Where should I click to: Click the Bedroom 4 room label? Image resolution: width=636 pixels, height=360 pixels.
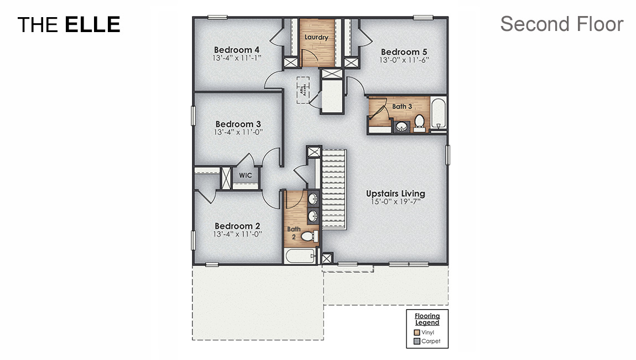237,50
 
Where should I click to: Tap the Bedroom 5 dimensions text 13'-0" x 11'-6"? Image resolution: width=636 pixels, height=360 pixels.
404,60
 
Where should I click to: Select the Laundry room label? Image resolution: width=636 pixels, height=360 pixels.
316,38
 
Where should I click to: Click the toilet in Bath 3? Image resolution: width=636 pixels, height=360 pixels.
419,122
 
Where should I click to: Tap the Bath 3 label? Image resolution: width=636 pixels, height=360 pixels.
402,106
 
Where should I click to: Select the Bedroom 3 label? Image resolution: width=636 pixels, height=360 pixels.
238,124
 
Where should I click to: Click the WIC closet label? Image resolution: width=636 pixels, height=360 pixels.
245,175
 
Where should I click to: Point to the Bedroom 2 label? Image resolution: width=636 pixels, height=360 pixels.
237,226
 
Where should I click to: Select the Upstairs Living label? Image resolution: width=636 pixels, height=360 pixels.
395,194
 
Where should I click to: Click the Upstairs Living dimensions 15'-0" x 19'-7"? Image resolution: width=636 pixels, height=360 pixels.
395,202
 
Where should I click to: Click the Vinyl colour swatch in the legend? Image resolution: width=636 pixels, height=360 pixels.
416,333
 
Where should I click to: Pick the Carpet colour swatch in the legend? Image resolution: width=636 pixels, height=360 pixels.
416,341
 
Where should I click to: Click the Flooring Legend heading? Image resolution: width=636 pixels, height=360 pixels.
428,319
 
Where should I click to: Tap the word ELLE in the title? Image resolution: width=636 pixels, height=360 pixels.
92,24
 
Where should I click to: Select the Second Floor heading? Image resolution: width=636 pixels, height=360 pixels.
562,24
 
